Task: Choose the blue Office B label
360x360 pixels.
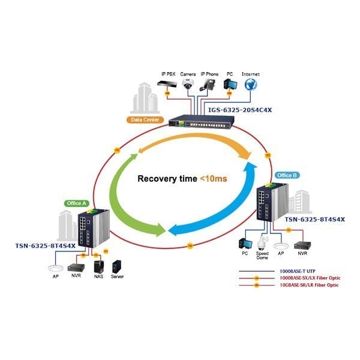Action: [x=286, y=175]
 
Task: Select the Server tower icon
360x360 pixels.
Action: [x=118, y=265]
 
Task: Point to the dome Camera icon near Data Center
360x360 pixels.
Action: [x=188, y=85]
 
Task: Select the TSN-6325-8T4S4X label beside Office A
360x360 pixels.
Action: [x=46, y=245]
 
